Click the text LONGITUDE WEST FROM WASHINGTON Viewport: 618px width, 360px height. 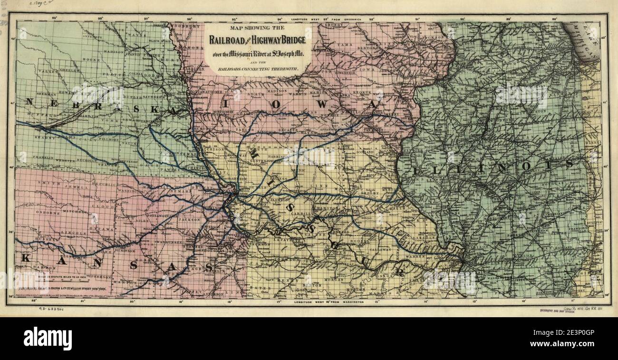click(328, 302)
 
